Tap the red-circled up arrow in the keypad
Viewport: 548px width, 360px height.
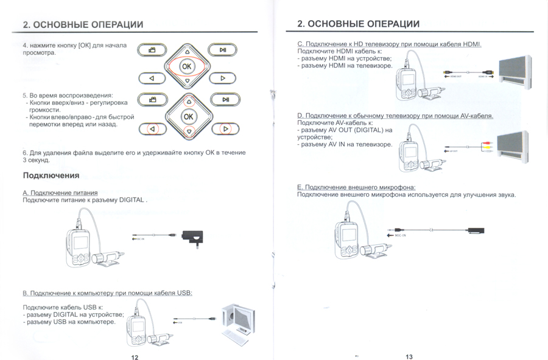point(189,101)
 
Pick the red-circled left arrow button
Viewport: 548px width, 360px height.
point(152,129)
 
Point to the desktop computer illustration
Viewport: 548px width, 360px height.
point(238,320)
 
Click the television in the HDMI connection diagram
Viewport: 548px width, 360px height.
point(518,71)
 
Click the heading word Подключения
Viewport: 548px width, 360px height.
point(51,175)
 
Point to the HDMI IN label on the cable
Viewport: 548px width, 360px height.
point(485,77)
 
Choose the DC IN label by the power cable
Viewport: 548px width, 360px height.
point(139,239)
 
